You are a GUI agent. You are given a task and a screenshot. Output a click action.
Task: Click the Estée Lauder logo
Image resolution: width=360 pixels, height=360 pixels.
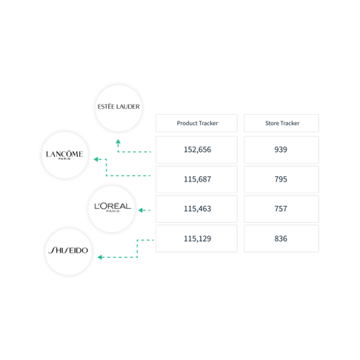[x=119, y=107]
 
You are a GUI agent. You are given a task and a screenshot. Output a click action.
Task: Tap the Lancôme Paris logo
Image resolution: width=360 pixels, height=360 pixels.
[x=64, y=155]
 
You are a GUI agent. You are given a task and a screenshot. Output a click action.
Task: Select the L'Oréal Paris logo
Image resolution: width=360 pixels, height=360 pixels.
[x=113, y=207]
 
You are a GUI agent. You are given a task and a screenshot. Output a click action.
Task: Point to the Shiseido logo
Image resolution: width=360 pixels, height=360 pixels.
[x=68, y=250]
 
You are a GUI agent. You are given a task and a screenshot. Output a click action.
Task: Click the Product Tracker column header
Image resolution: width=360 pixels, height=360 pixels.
[x=196, y=123]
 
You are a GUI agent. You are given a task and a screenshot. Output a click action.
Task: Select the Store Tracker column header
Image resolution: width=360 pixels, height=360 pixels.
[x=281, y=123]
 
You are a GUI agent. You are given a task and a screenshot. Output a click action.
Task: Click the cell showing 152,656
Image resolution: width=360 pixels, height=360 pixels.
[x=196, y=150]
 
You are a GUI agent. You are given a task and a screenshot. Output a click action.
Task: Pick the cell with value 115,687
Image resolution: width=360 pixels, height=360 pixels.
[x=196, y=179]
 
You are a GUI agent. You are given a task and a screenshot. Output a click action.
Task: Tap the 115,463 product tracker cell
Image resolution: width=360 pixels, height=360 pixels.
[x=196, y=209]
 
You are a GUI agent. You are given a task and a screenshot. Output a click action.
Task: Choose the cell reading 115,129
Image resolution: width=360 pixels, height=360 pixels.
[x=196, y=239]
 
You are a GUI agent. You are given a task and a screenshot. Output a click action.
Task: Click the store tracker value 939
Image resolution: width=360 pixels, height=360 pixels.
[x=281, y=150]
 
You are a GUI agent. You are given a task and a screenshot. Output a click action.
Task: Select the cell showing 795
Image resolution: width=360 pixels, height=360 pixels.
[x=281, y=179]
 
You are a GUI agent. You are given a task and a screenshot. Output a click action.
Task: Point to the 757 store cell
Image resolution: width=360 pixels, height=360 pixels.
[x=281, y=209]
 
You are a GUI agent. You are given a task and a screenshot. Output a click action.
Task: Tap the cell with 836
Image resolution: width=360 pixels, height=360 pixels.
[x=281, y=239]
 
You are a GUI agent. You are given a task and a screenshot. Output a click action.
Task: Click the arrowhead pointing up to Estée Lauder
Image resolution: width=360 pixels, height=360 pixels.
[x=119, y=141]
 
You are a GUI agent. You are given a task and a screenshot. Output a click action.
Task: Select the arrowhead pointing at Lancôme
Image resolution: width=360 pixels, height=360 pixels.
[x=96, y=159]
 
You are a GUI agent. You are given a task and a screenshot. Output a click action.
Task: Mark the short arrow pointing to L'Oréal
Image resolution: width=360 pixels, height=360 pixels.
[x=144, y=210]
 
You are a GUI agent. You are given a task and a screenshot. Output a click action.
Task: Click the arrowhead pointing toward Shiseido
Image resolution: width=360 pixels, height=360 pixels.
[x=100, y=257]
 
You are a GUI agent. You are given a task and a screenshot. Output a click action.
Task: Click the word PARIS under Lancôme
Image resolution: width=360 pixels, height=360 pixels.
[x=64, y=159]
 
